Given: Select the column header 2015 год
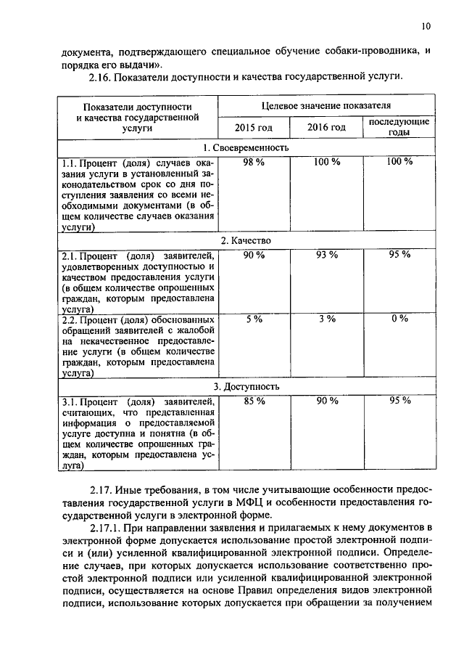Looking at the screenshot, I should tap(254, 128).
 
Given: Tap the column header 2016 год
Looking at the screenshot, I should tap(326, 128).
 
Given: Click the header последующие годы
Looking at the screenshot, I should tap(399, 127).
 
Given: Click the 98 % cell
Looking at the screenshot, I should tap(254, 162).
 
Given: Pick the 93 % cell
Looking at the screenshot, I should tap(326, 254).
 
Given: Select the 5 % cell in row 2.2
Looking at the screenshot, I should tap(254, 319).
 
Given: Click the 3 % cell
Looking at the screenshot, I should tap(326, 319).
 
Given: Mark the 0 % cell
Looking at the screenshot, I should tap(399, 319).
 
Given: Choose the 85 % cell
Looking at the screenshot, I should tap(254, 401).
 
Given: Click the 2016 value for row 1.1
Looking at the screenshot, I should tap(326, 162).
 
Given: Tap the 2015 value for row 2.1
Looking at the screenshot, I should tap(254, 254).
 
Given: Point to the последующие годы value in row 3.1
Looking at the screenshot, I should tap(399, 401).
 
